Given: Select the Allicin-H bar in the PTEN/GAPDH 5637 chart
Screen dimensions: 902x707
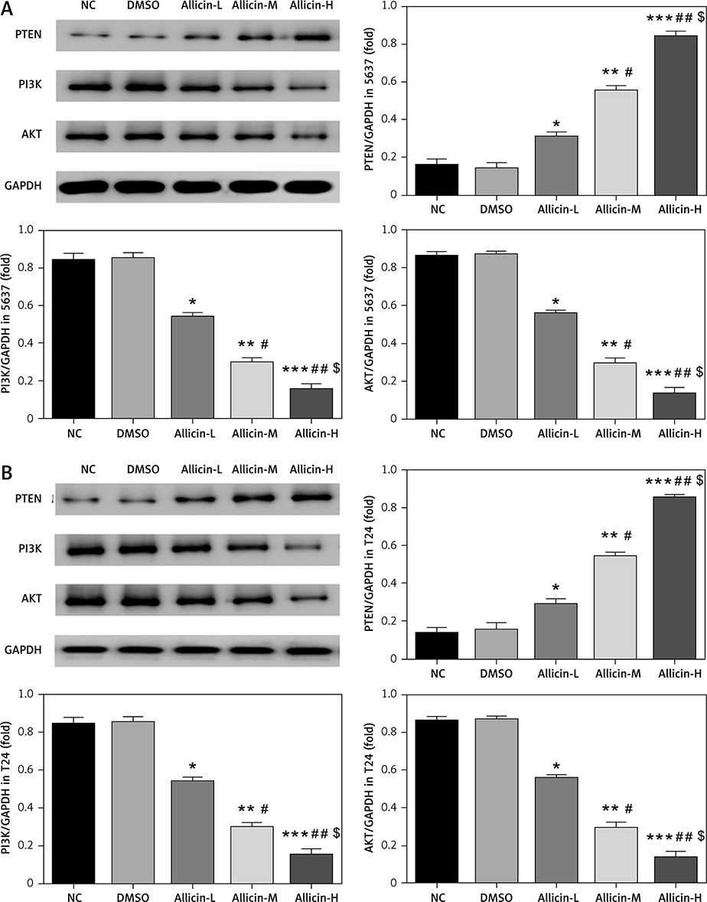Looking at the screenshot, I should pyautogui.click(x=675, y=115).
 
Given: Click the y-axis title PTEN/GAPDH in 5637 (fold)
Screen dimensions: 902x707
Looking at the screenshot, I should pyautogui.click(x=370, y=100).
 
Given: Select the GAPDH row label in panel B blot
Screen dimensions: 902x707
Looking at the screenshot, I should pyautogui.click(x=23, y=649).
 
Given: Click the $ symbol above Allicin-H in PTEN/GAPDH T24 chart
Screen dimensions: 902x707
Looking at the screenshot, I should pyautogui.click(x=699, y=481).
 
